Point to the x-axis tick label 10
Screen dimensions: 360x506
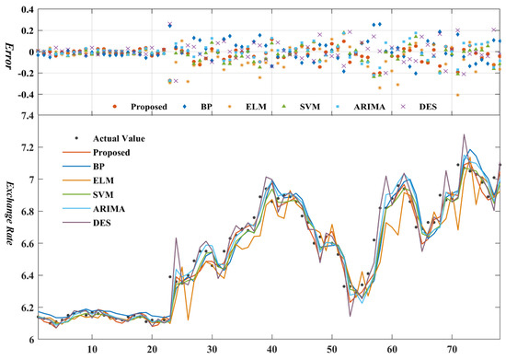92,351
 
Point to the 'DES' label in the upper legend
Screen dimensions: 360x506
436,106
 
